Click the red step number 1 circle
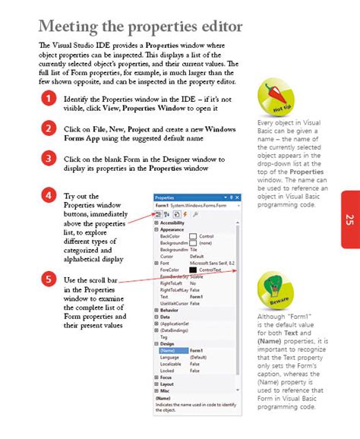[48, 98]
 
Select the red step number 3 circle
[48, 158]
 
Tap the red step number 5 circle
[48, 279]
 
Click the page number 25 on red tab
[349, 219]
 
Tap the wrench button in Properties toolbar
[196, 215]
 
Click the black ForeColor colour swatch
[193, 270]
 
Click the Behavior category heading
[169, 310]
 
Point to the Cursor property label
[168, 256]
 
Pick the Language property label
[172, 356]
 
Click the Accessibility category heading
[173, 223]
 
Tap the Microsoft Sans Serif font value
[212, 263]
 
